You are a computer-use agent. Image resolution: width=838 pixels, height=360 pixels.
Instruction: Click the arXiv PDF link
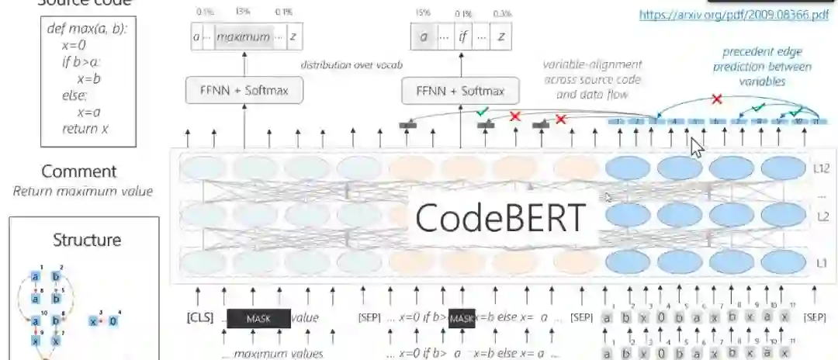tap(733, 14)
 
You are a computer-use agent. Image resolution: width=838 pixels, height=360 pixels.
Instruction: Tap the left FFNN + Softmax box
tap(244, 91)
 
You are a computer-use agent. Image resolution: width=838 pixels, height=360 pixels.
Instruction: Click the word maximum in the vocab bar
tap(243, 36)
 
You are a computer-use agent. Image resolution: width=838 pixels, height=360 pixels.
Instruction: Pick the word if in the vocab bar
tap(463, 36)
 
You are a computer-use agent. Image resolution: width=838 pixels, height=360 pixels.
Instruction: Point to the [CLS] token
tap(199, 318)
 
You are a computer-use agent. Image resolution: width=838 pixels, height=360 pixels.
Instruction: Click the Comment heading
tap(78, 171)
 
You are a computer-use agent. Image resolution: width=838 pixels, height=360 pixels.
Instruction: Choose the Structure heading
tap(86, 240)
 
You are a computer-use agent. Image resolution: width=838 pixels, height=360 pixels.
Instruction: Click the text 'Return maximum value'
tap(82, 191)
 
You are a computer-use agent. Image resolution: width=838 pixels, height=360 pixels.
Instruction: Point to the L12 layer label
tap(822, 167)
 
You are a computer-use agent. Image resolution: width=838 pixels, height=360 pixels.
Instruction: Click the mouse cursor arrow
tap(697, 148)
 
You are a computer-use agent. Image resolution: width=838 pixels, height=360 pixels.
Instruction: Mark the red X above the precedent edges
tap(717, 99)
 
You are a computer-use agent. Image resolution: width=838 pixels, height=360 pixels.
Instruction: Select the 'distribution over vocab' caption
tap(351, 65)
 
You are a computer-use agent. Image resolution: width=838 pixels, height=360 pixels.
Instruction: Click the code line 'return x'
tap(85, 128)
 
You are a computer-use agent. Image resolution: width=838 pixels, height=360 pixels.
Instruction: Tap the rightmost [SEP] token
tap(815, 318)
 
